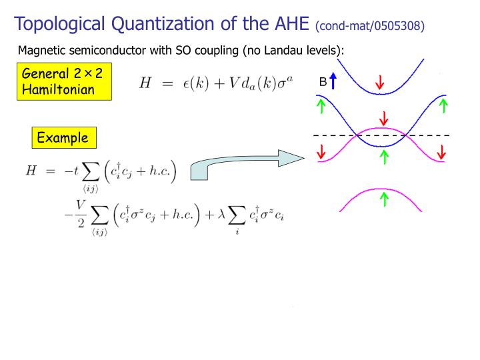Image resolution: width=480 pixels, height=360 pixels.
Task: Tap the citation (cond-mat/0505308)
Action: click(x=370, y=26)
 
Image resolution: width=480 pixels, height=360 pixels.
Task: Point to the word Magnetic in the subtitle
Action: click(x=41, y=51)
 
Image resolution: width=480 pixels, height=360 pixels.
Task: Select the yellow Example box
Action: click(x=63, y=138)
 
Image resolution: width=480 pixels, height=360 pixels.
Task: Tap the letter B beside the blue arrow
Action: click(x=323, y=82)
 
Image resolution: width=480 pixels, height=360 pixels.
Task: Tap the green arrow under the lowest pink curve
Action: click(x=384, y=199)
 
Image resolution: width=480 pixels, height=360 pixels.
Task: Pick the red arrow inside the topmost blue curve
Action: click(x=380, y=83)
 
